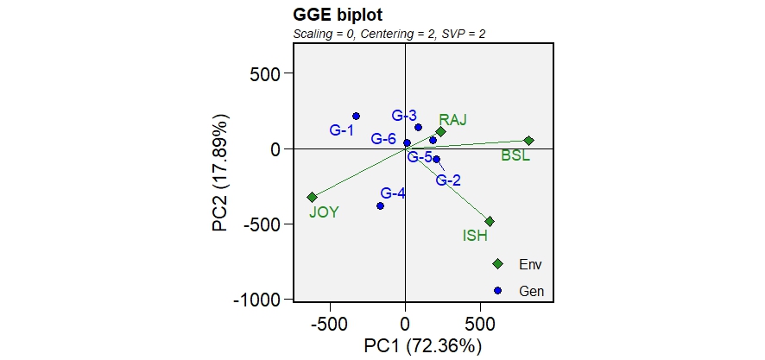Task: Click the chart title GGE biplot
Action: click(338, 16)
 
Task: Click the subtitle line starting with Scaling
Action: click(392, 34)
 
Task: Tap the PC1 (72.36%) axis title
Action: click(422, 346)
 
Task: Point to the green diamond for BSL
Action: click(529, 141)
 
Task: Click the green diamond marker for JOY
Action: click(313, 197)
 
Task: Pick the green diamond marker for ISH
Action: click(490, 222)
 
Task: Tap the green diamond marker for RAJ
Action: click(440, 132)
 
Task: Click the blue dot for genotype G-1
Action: click(356, 117)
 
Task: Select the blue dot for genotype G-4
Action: click(380, 205)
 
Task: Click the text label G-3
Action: click(404, 116)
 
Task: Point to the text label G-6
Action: click(383, 139)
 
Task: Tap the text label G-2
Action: click(448, 180)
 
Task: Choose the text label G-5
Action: click(420, 157)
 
